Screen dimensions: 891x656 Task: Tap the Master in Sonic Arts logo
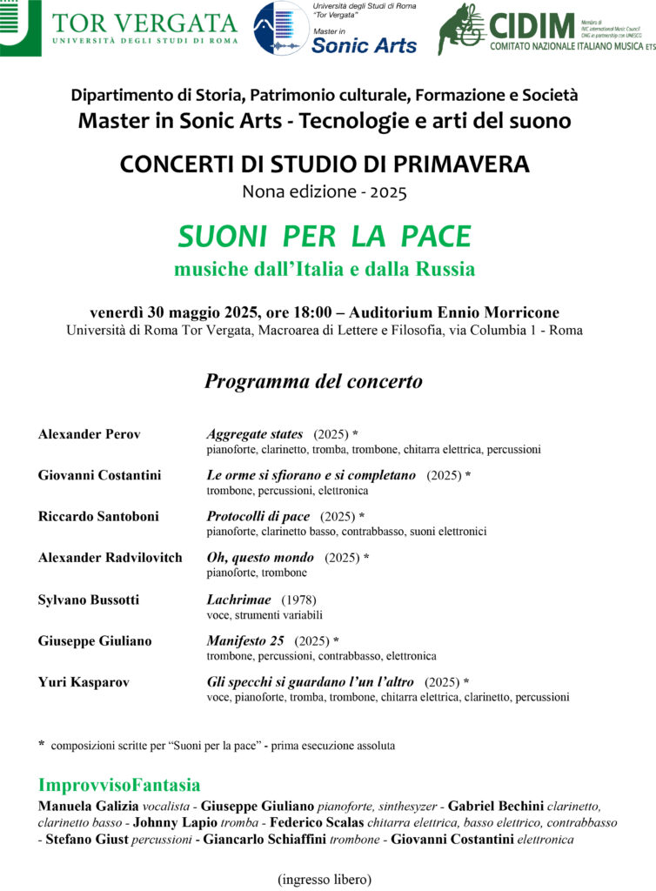click(x=335, y=29)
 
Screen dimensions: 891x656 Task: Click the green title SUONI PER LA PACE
click(x=324, y=236)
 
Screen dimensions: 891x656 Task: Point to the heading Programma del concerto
click(x=313, y=381)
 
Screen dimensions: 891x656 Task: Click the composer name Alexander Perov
click(x=90, y=433)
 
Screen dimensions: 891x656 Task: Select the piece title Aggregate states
click(x=255, y=433)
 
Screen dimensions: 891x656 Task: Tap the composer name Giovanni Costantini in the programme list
click(x=99, y=475)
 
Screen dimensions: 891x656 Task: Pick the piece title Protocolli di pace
click(x=258, y=516)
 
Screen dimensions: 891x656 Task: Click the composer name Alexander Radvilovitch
click(x=110, y=557)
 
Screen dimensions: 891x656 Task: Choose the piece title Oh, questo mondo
click(x=260, y=557)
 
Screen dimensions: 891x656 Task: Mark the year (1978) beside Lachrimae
click(x=298, y=600)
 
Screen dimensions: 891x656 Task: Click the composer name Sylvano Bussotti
click(x=89, y=600)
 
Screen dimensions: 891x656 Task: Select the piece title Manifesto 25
click(x=246, y=640)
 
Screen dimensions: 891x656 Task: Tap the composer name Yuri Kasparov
click(x=84, y=682)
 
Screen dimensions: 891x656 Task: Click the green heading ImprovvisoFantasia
click(x=119, y=785)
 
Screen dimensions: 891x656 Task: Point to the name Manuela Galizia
click(x=87, y=806)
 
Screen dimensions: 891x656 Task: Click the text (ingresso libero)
click(x=325, y=879)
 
